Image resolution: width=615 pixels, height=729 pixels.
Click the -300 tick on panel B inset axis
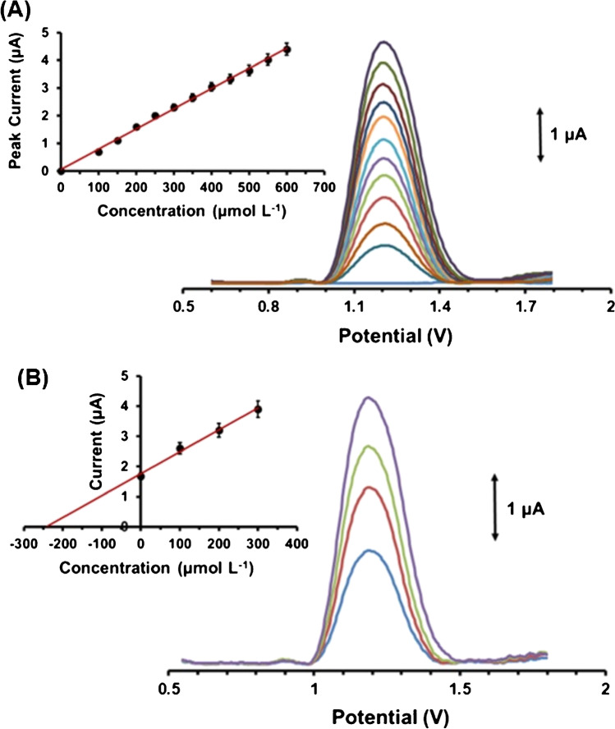point(25,543)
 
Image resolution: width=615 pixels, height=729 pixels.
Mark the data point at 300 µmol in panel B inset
point(258,409)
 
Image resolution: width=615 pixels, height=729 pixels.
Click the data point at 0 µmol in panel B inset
point(141,476)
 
